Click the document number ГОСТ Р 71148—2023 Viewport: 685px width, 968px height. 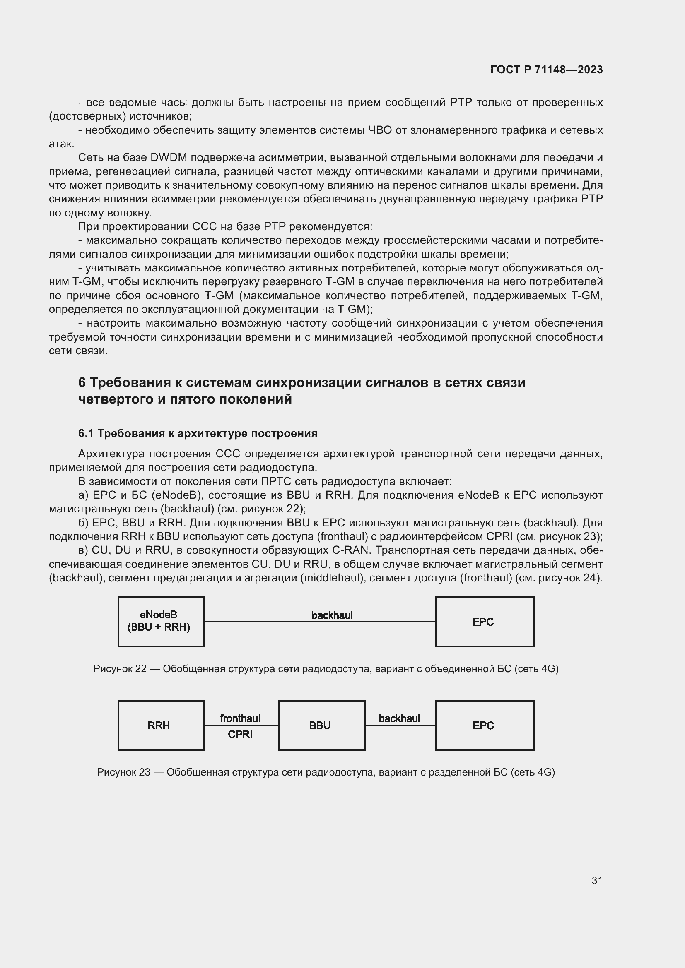pos(546,70)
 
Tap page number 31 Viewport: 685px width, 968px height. pos(597,880)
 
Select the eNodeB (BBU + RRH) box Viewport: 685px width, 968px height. pos(161,622)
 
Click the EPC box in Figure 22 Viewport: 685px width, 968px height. pos(484,622)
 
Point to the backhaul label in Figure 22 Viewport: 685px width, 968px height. pos(332,615)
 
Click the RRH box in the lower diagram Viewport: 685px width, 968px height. pos(161,725)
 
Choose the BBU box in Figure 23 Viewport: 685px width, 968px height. pos(321,725)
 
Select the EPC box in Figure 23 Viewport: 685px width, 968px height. pos(484,725)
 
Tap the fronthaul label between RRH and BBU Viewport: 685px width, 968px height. pos(240,718)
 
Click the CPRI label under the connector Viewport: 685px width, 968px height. pos(240,735)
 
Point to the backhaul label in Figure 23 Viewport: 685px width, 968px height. pos(399,718)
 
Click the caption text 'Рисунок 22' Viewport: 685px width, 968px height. pos(119,669)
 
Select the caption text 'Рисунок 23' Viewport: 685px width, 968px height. pos(123,772)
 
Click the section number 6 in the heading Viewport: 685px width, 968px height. pos(82,382)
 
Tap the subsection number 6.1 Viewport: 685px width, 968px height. pos(86,433)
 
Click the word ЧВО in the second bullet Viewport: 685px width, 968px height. pos(380,130)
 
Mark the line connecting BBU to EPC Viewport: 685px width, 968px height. pos(400,725)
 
